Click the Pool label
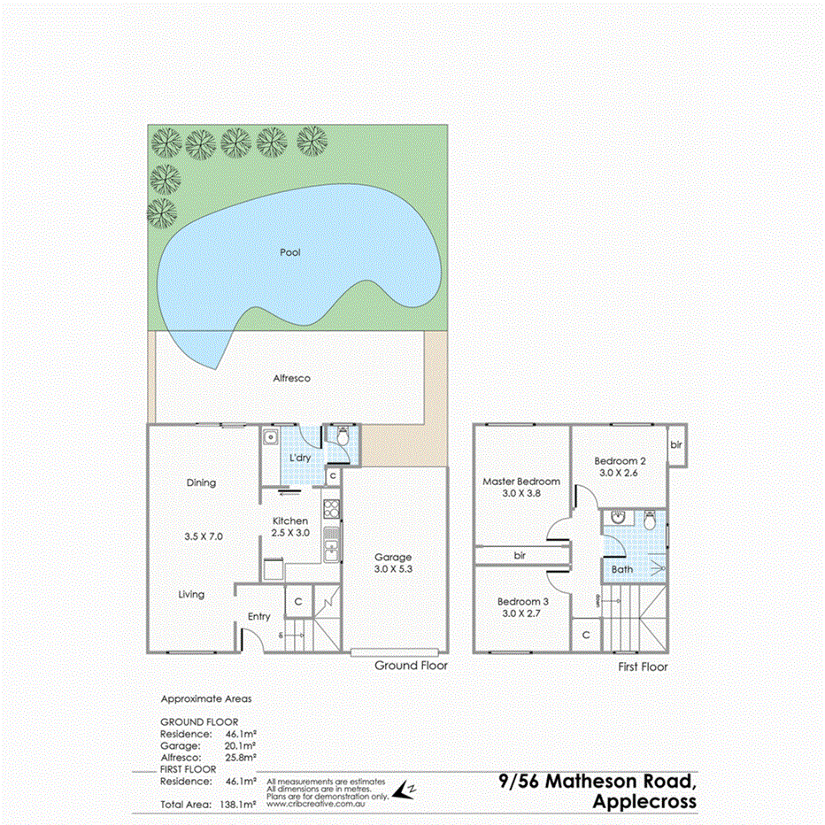pyautogui.click(x=289, y=252)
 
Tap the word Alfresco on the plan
pyautogui.click(x=291, y=378)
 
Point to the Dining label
pyautogui.click(x=201, y=482)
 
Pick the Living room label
pyautogui.click(x=191, y=595)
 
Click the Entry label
pyautogui.click(x=259, y=616)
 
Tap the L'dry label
pyautogui.click(x=299, y=459)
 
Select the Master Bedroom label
pyautogui.click(x=521, y=482)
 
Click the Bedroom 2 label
pyautogui.click(x=621, y=461)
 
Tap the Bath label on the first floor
pyautogui.click(x=622, y=569)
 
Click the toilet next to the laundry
pyautogui.click(x=342, y=436)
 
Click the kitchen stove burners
pyautogui.click(x=331, y=509)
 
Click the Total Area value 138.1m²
pyautogui.click(x=237, y=805)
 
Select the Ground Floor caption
pyautogui.click(x=411, y=666)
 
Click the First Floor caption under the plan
pyautogui.click(x=643, y=667)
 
